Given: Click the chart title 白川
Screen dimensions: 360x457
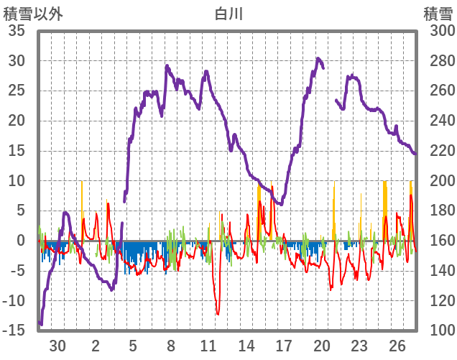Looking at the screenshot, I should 228,14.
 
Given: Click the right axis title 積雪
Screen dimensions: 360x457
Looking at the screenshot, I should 437,14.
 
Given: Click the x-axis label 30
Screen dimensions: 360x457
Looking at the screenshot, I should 57,345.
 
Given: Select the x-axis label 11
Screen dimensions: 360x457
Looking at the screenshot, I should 208,345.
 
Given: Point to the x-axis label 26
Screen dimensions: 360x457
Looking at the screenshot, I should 397,345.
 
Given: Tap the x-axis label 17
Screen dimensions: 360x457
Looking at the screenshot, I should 284,345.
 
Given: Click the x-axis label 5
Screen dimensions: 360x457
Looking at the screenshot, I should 133,345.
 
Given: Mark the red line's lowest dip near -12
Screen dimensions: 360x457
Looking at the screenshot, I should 218,313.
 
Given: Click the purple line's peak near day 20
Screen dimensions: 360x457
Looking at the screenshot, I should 318,59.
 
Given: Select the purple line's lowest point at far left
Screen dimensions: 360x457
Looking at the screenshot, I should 41,324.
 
